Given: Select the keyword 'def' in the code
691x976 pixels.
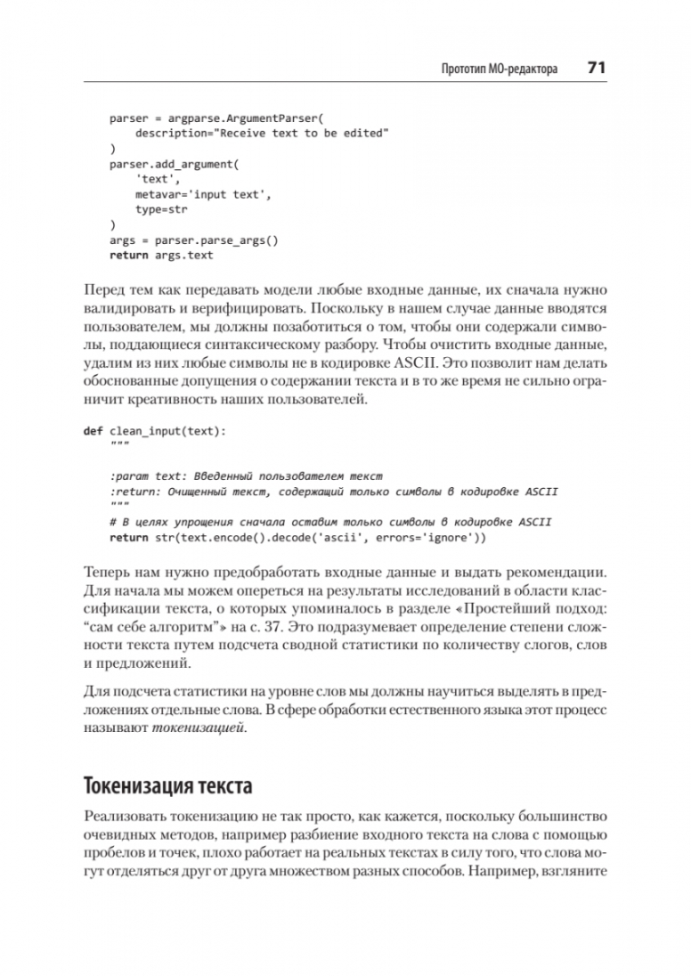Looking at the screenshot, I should [x=92, y=431].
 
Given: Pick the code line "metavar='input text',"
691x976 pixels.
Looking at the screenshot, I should [x=204, y=194].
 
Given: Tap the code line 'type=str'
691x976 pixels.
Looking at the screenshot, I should [x=161, y=209].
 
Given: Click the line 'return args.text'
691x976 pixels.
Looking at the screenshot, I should [x=161, y=255].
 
